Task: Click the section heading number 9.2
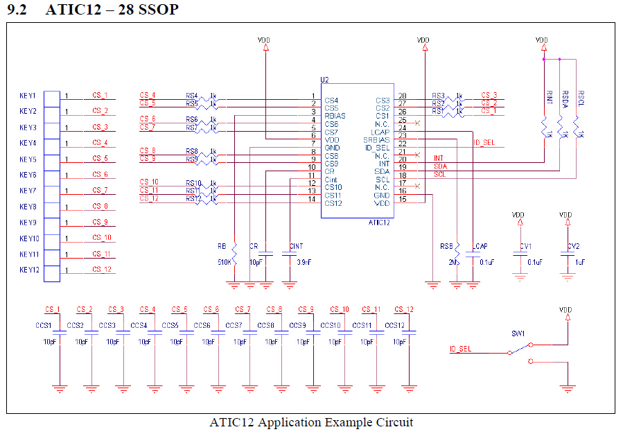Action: [x=18, y=10]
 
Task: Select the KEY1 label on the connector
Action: [x=28, y=95]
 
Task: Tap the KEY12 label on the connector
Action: [x=30, y=270]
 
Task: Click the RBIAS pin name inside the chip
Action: [x=335, y=116]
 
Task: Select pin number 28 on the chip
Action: [x=402, y=96]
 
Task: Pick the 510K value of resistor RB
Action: [x=224, y=263]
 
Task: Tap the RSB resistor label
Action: [x=446, y=247]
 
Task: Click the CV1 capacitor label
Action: [x=527, y=247]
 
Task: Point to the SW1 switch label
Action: [x=518, y=333]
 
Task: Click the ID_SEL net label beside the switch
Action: [x=460, y=349]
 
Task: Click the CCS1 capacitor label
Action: [x=44, y=325]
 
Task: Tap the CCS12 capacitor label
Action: [x=394, y=325]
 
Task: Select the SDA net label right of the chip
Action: [x=440, y=166]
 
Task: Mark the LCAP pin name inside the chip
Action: [x=380, y=132]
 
